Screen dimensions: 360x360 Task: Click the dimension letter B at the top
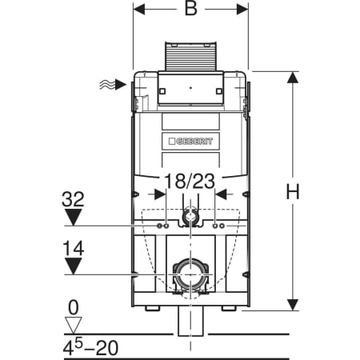[x=191, y=8]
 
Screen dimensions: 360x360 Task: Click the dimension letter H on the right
[x=293, y=191]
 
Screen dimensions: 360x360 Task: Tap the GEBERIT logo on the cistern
[x=191, y=141]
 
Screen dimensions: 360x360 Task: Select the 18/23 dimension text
[x=190, y=181]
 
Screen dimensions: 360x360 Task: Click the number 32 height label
[x=73, y=199]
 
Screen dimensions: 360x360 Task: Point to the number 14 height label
[x=73, y=248]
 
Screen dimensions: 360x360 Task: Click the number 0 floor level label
[x=74, y=307]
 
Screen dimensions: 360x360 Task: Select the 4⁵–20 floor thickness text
[x=90, y=347]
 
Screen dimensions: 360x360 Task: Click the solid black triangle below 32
[x=74, y=217]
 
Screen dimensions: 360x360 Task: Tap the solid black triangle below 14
[x=74, y=266]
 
